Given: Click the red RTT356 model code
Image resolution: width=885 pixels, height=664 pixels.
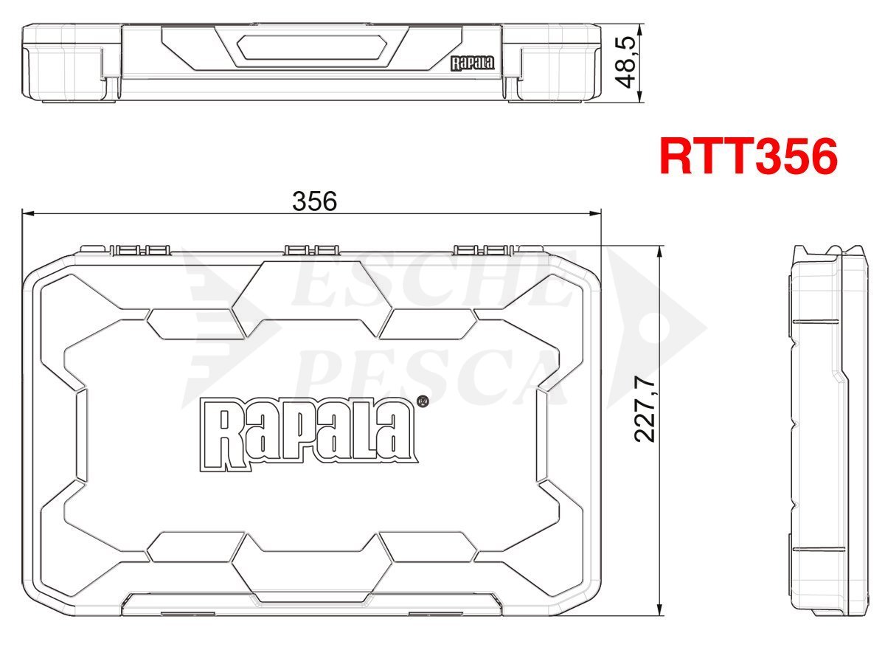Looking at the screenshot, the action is tap(748, 156).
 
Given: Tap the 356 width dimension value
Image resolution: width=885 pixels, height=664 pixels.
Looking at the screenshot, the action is tap(314, 201).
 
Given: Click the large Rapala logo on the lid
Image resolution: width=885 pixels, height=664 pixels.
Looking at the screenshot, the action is tap(309, 435).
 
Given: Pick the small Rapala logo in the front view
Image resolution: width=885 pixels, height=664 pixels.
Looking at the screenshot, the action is tap(472, 63).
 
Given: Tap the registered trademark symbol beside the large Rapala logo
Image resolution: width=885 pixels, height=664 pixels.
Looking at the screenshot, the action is tap(421, 402).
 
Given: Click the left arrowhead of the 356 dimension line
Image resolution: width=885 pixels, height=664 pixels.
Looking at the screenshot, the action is tap(27, 213).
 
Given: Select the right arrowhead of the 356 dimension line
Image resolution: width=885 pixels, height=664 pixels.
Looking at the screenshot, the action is tap(595, 213).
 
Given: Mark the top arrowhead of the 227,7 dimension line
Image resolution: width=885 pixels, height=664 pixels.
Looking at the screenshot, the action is tap(659, 252).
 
